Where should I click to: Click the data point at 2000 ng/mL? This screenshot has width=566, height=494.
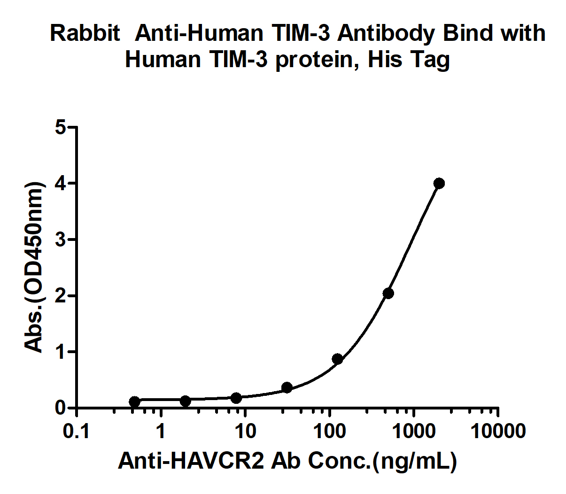pos(439,183)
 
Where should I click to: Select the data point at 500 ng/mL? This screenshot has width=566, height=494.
pos(388,293)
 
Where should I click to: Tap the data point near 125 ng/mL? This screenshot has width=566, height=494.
pos(337,359)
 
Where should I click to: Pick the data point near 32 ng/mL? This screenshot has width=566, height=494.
pos(287,387)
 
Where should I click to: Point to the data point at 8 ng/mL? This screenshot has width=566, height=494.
pos(236,398)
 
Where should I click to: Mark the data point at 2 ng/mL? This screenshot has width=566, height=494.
pos(186,401)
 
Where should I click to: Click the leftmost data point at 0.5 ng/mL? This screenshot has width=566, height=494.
pos(135,401)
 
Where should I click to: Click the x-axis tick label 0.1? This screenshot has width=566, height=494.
pos(77,431)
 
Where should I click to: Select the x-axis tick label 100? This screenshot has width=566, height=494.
pos(330,431)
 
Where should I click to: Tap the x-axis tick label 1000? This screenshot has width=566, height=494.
pos(413,431)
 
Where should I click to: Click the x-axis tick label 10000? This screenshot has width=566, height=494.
pos(498,431)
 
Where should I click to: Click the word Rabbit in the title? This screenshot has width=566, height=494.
pos(85,33)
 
